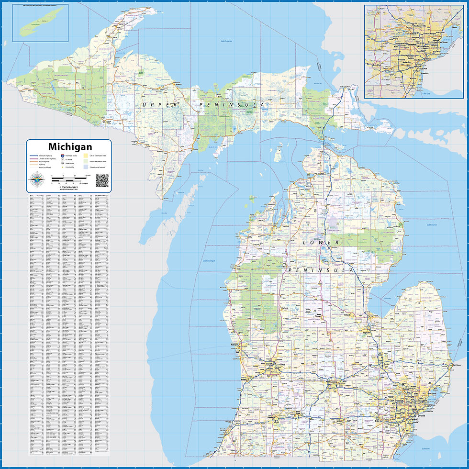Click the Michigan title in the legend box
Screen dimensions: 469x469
click(70, 146)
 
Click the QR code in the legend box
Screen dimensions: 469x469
click(102, 180)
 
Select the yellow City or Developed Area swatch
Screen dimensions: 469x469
click(86, 156)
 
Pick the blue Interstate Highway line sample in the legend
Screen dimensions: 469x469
click(33, 156)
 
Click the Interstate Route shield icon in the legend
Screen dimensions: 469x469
click(63, 156)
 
